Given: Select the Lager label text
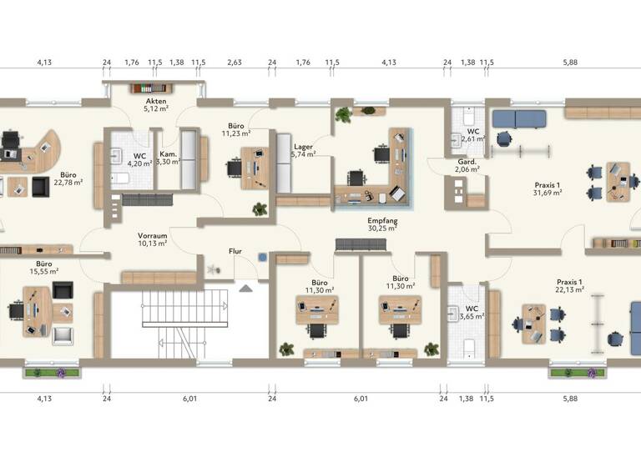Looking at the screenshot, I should coord(302,147).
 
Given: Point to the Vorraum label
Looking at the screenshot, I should coord(154,236).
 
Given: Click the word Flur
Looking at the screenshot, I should coord(235,250).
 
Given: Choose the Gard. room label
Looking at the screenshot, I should coord(467,160).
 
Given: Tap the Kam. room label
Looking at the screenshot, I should coord(167,154).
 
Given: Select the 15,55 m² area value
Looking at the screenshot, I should coord(43,271).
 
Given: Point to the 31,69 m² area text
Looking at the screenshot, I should coord(547,193).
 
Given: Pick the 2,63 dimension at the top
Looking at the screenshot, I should coord(235,62).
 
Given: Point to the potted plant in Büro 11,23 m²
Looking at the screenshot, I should coord(260,208).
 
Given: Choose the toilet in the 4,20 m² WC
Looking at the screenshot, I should coord(121,178).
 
